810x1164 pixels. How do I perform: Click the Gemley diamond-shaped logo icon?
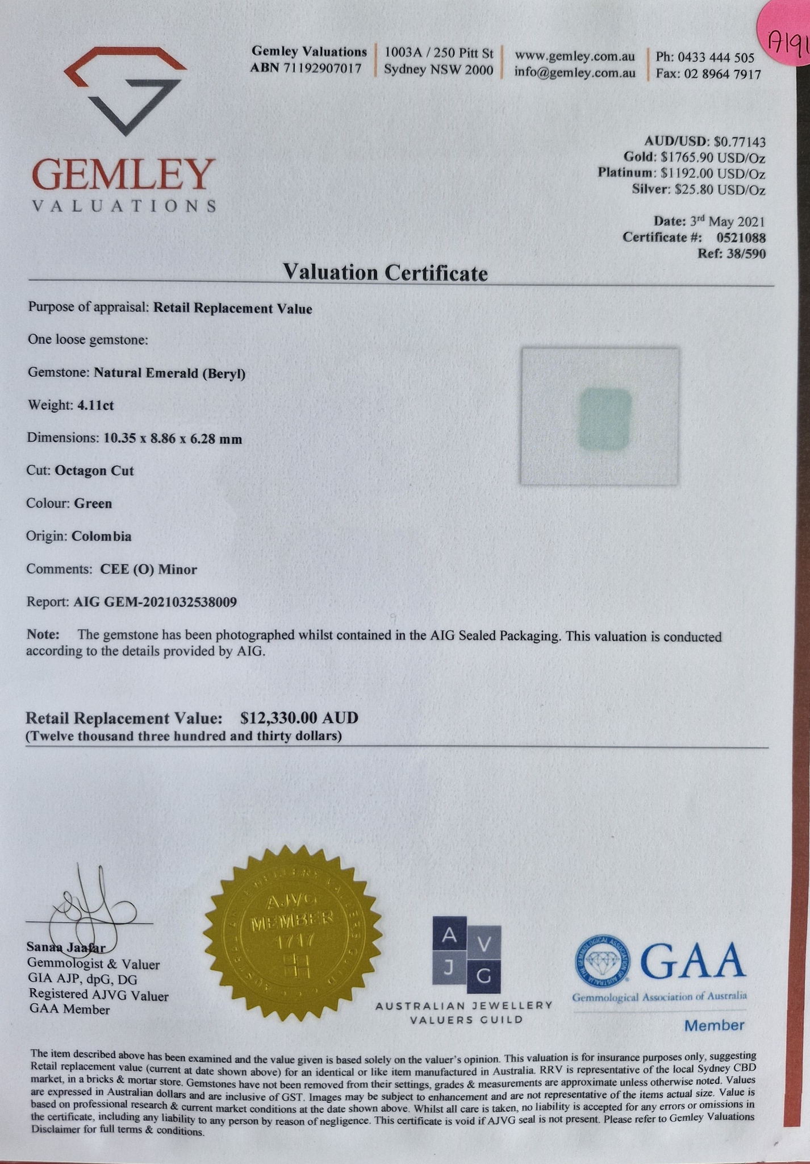[126, 91]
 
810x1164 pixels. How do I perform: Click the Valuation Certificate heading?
[385, 273]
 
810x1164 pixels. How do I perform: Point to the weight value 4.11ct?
[96, 405]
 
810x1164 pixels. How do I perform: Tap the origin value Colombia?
[102, 536]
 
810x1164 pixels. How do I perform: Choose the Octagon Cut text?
[94, 471]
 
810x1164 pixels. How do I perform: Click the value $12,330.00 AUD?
[299, 718]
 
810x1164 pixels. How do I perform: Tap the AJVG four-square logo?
[466, 954]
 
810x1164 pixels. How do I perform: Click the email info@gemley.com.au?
[575, 72]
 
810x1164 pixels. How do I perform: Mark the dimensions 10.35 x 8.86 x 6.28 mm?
[173, 438]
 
